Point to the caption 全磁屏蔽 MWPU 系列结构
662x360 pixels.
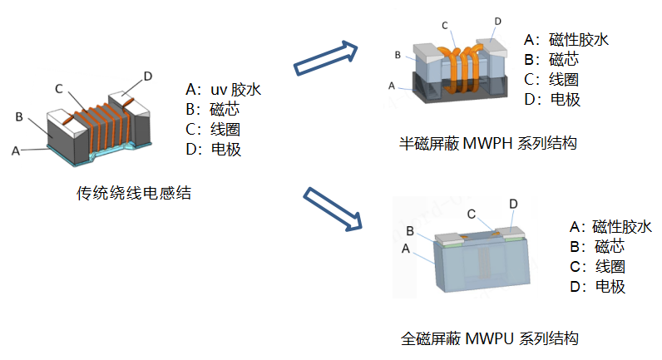pyautogui.click(x=489, y=338)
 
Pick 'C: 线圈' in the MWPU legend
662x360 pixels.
pyautogui.click(x=597, y=267)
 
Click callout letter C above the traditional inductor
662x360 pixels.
pyautogui.click(x=59, y=88)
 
